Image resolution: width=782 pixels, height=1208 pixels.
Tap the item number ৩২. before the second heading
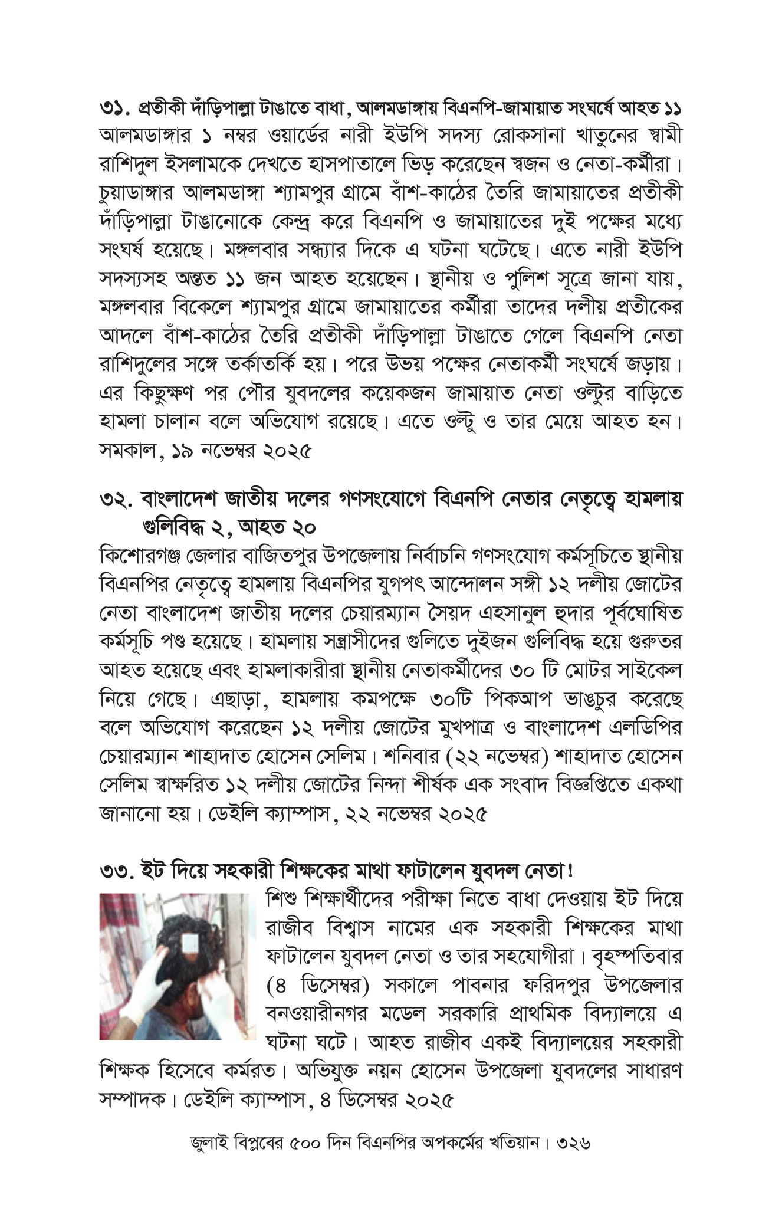coord(116,501)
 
